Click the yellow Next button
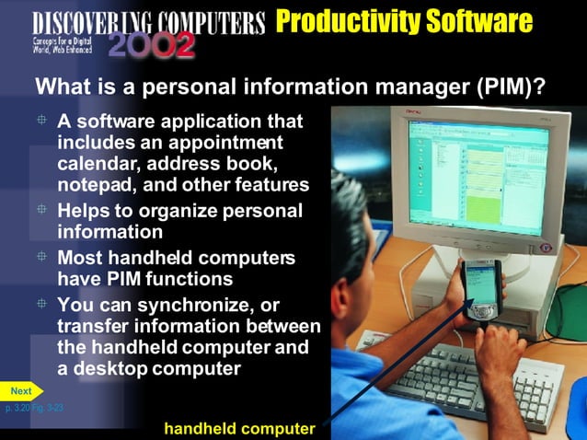click(x=21, y=390)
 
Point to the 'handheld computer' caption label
click(x=239, y=428)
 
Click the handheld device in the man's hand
click(x=480, y=289)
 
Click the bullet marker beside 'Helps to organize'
click(x=41, y=210)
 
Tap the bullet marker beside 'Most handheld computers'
click(x=41, y=257)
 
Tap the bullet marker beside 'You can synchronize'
click(x=41, y=304)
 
